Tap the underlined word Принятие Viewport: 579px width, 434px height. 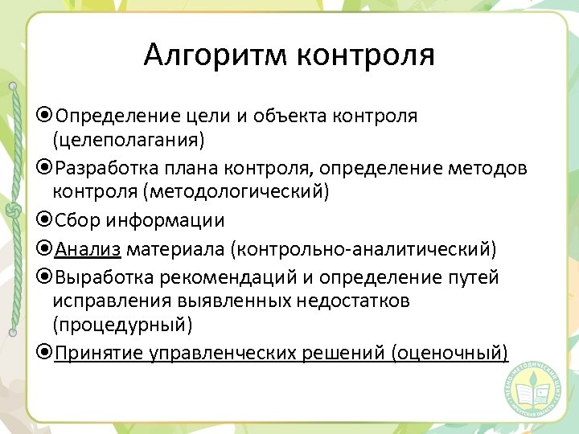(99, 353)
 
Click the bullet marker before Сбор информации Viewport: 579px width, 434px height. (45, 220)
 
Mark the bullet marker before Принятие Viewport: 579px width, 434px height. (45, 353)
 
